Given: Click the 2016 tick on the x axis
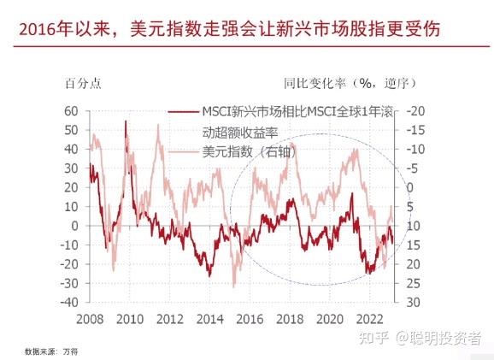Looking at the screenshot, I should [249, 319].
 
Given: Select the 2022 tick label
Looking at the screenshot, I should [368, 319].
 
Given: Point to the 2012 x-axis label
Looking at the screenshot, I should [169, 319].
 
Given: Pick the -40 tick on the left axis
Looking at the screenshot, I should [68, 303].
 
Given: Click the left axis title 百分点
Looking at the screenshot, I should [84, 84].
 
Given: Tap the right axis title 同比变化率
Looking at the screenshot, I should [315, 84].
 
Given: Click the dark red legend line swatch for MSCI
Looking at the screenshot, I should [184, 112].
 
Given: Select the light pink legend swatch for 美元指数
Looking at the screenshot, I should [184, 151].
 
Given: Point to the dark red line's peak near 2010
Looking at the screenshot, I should [126, 122].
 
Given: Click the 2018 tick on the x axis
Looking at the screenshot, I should [289, 319].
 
